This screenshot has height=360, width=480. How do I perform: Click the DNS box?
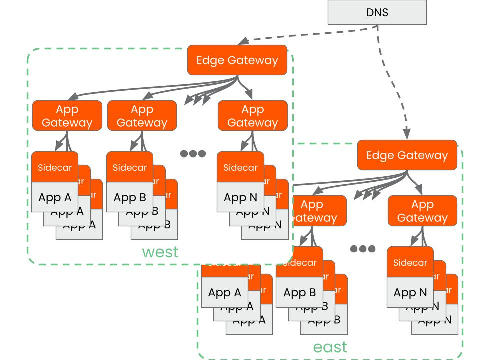pos(377,12)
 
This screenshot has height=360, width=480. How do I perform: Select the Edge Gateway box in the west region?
pos(237,60)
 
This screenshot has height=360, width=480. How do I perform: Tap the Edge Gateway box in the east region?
pos(407,155)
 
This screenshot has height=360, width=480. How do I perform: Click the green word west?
pos(160,252)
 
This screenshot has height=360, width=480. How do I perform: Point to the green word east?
pos(330,347)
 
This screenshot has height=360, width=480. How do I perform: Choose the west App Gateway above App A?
pos(67,116)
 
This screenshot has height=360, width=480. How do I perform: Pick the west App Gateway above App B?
pos(142,116)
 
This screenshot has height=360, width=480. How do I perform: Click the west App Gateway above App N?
pos(252,116)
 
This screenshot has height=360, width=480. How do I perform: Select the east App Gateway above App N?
pos(422,211)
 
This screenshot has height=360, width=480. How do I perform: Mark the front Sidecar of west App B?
pos(130,168)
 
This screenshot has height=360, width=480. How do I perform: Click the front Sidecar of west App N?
pos(240,168)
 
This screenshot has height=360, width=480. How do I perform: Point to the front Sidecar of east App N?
pos(410,263)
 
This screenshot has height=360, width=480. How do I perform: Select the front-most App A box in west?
pos(55,197)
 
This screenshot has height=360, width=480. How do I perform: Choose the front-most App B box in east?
pos(299,292)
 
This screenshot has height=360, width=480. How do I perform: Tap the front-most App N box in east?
pos(410,292)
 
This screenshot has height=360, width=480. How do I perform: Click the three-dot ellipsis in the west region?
pos(193,154)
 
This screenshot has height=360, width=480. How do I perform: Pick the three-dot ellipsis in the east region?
pos(363,249)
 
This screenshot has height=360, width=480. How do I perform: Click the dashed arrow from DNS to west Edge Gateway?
pos(310,32)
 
